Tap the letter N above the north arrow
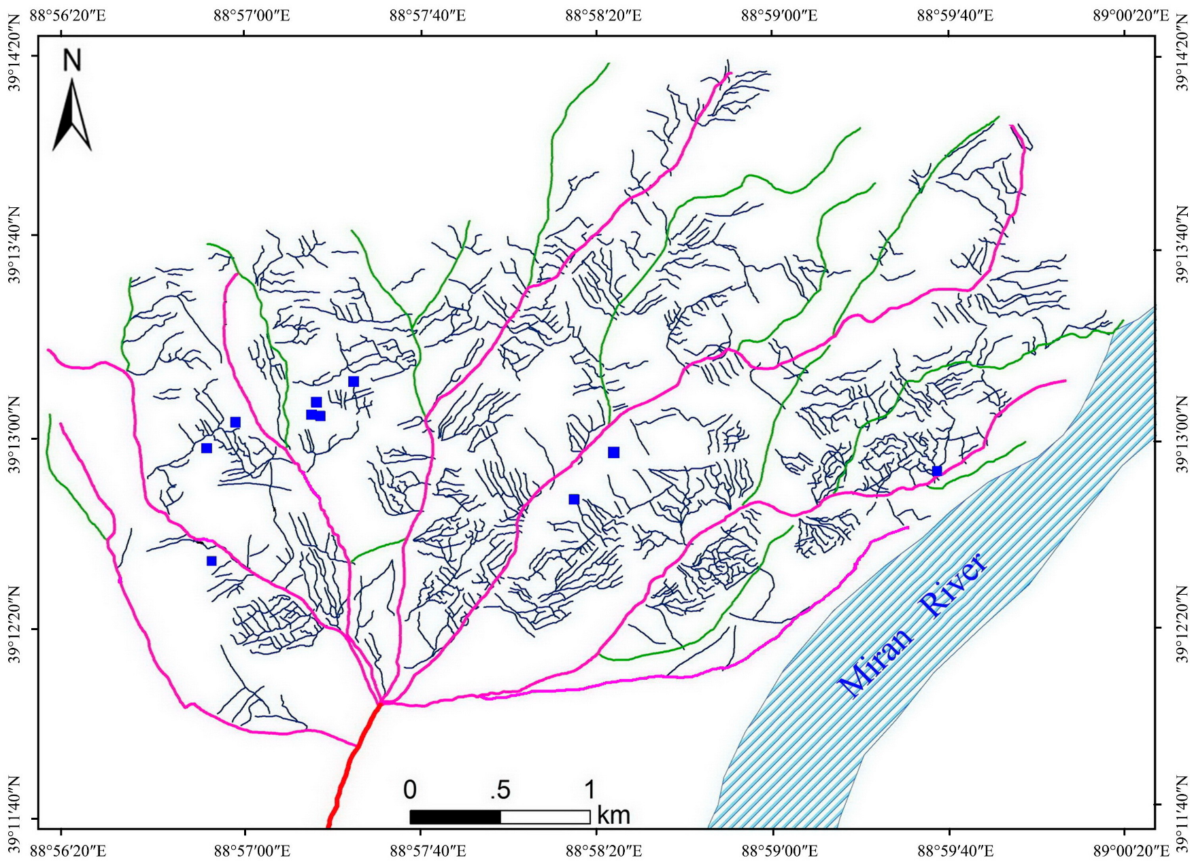[72, 60]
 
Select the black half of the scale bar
[455, 816]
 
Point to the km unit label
[613, 815]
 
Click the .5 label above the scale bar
[500, 791]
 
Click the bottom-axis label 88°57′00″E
[252, 851]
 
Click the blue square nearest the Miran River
[937, 471]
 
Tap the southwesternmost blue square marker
[211, 561]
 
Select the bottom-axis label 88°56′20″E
[69, 851]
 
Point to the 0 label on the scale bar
[409, 791]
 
